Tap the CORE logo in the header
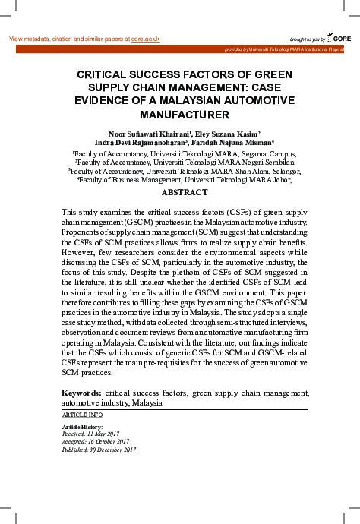[341, 38]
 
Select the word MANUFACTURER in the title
[185, 115]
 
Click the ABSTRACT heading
[185, 193]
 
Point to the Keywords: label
[81, 393]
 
